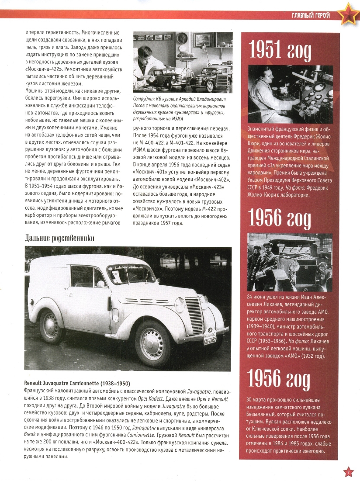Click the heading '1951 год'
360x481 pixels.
[280, 51]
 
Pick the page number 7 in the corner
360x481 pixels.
[348, 472]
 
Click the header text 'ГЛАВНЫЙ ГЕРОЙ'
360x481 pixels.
[310, 16]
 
